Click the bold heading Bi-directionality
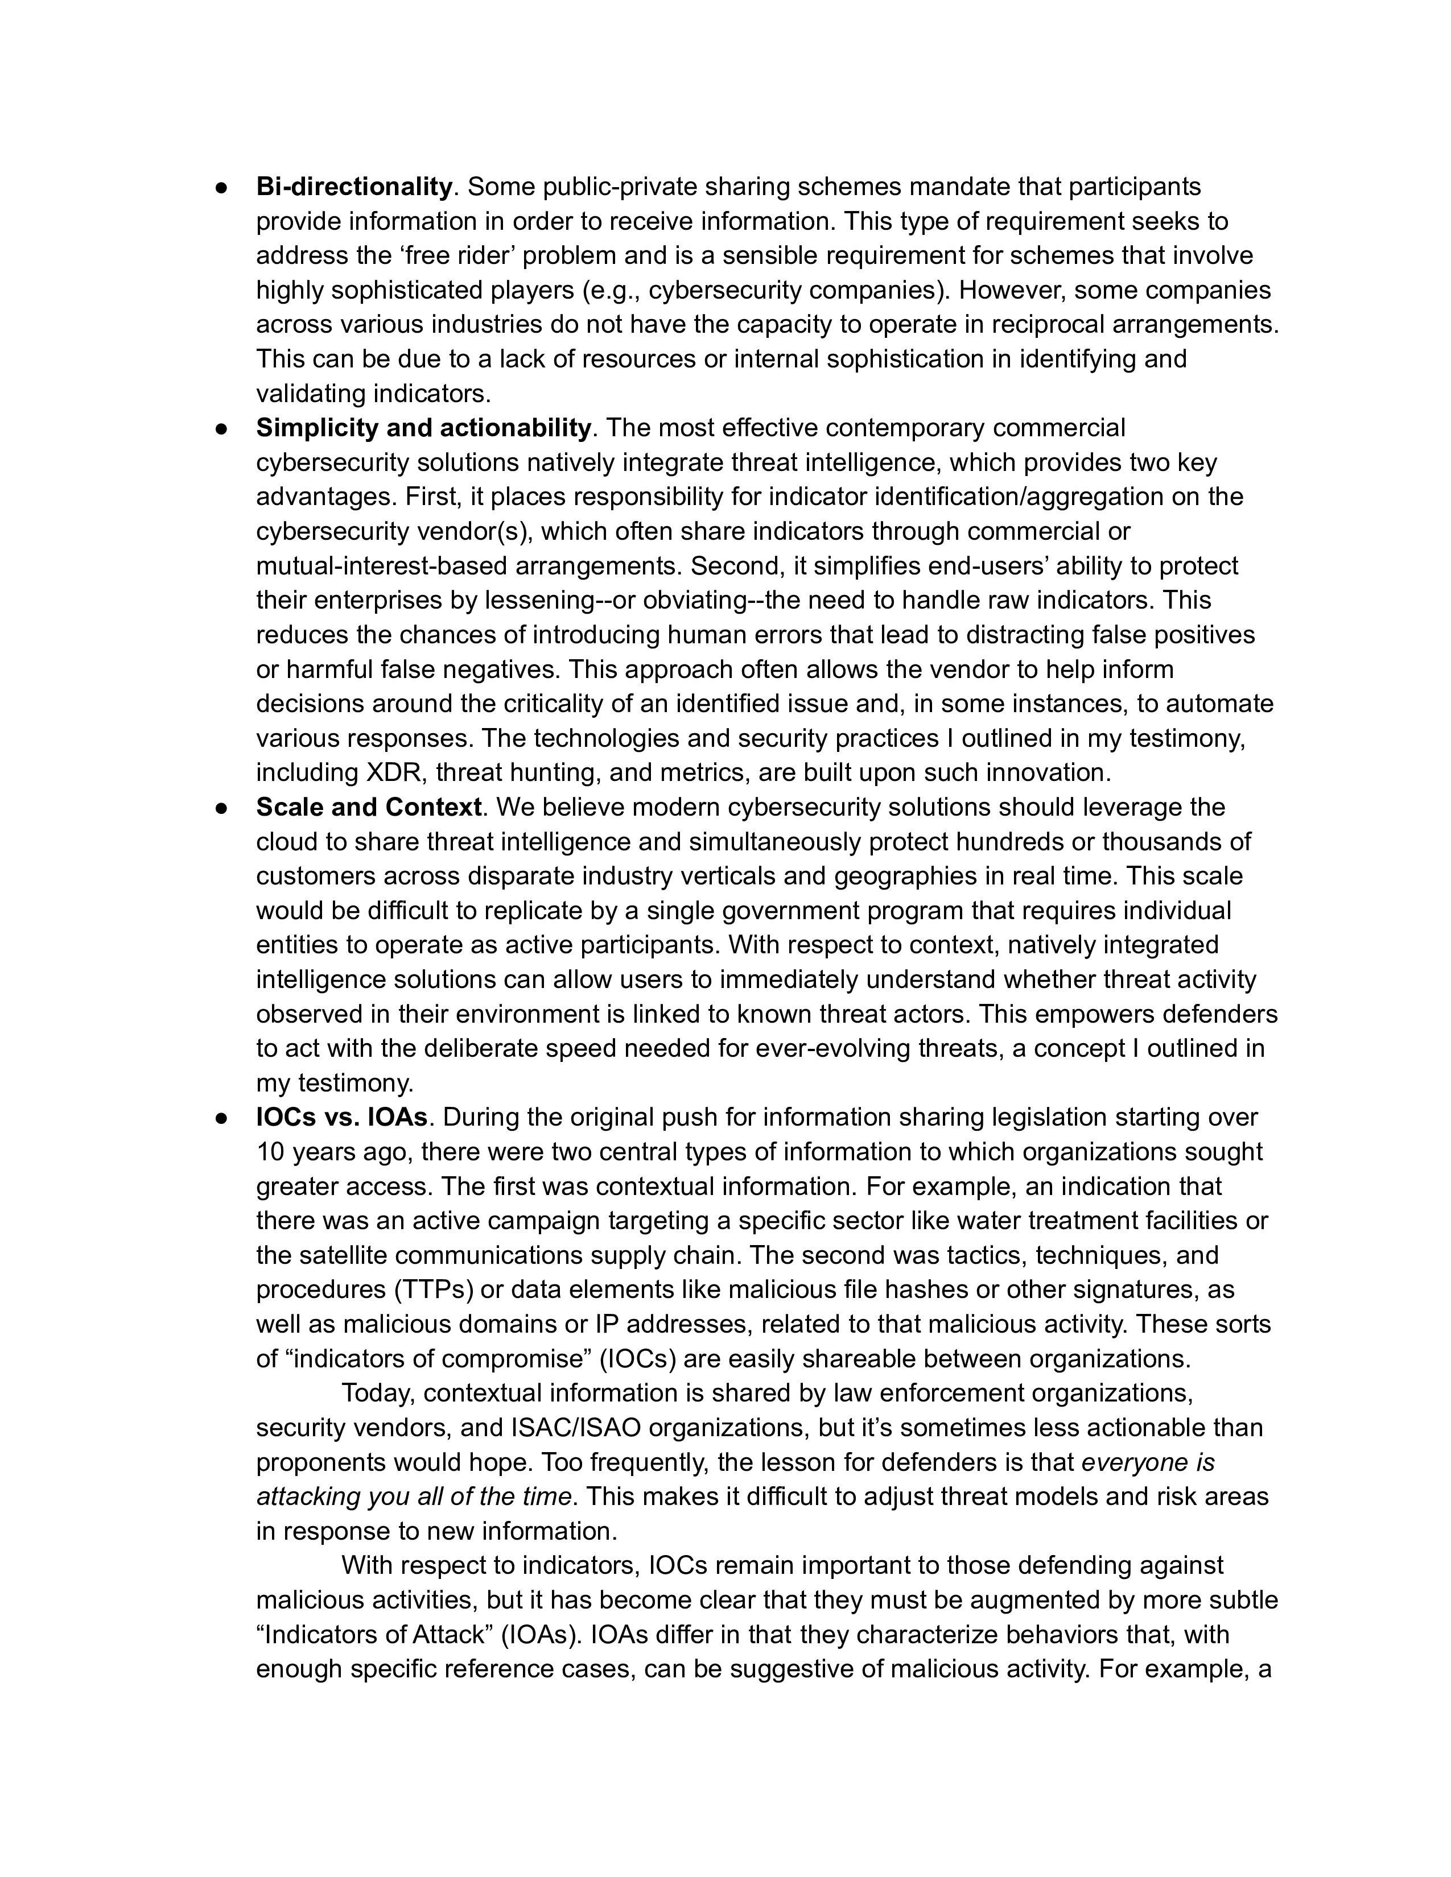pyautogui.click(x=354, y=187)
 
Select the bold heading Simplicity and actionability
pyautogui.click(x=424, y=428)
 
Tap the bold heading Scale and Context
pyautogui.click(x=369, y=807)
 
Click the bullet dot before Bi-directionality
pyautogui.click(x=221, y=187)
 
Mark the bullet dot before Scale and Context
pyautogui.click(x=221, y=808)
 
